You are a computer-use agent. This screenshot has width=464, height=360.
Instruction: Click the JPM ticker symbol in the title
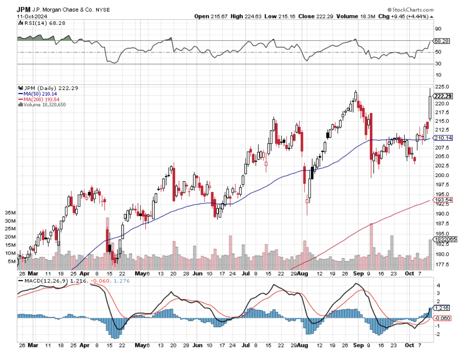[24, 9]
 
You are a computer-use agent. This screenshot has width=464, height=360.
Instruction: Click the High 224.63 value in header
[244, 16]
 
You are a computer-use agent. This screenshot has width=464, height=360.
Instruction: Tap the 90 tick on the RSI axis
[438, 29]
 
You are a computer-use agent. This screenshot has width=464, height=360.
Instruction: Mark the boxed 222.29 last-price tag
[443, 96]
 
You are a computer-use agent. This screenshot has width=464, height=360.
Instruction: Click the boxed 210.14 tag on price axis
[443, 138]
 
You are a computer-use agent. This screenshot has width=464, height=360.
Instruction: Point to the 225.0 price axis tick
[440, 87]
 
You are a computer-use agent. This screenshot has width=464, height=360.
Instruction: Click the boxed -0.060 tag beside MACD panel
[441, 318]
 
